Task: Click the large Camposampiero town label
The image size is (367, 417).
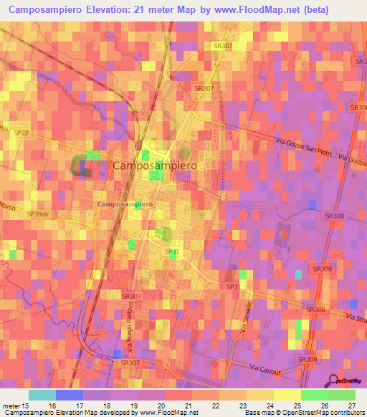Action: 156,166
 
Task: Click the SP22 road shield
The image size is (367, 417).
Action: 22,133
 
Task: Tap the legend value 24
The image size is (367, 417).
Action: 269,406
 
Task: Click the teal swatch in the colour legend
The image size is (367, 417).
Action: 42,395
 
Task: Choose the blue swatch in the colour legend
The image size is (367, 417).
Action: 70,395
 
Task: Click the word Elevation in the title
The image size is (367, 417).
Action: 100,9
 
